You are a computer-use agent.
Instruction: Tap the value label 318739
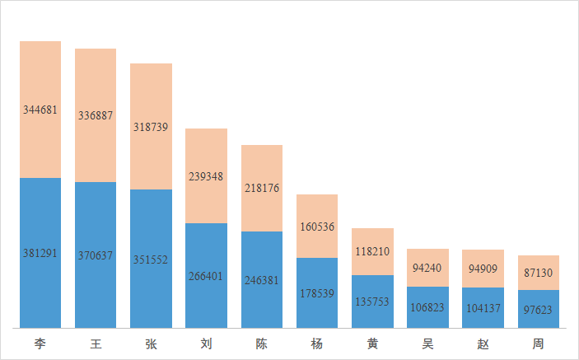coord(151,128)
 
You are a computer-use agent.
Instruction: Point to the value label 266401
coord(206,277)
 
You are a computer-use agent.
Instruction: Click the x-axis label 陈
coord(261,344)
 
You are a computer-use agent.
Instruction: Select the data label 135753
coord(372,302)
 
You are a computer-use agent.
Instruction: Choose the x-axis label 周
coord(538,344)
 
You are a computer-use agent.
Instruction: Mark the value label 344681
coord(40,110)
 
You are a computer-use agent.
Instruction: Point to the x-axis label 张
coord(151,344)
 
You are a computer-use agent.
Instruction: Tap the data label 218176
coord(261,188)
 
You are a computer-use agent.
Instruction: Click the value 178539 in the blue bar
coord(317,293)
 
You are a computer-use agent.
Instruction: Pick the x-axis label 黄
coord(372,344)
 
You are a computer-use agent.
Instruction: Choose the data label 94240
coord(427,268)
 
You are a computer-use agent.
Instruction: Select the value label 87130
coord(538,273)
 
